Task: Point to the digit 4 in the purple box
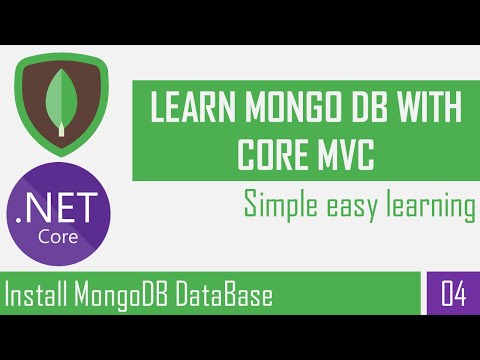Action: tap(459, 296)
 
